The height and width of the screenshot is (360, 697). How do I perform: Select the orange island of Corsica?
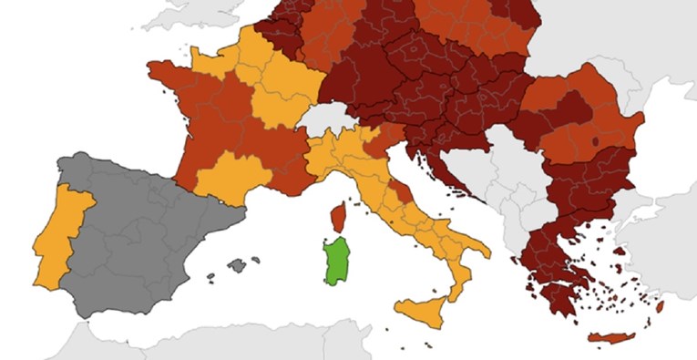[337, 217]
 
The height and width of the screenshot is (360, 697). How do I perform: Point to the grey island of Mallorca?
[238, 265]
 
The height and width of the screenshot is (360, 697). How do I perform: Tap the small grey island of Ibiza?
[211, 276]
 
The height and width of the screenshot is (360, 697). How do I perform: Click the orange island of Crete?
[611, 338]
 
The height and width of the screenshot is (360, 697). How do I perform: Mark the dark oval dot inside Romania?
[596, 141]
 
